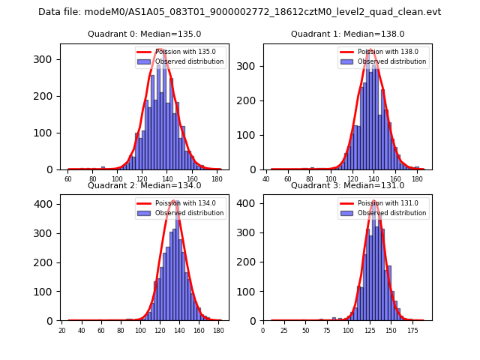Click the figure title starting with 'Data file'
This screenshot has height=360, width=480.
(x=240, y=12)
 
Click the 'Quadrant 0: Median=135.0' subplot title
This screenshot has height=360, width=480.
(x=144, y=34)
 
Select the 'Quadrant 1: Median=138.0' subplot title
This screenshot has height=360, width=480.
(x=347, y=34)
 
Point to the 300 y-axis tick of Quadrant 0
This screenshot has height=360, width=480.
(x=49, y=59)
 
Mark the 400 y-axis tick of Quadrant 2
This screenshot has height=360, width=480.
(x=49, y=204)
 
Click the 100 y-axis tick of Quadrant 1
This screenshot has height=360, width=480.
(x=253, y=135)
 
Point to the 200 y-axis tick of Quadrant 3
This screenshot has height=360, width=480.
(x=253, y=262)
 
